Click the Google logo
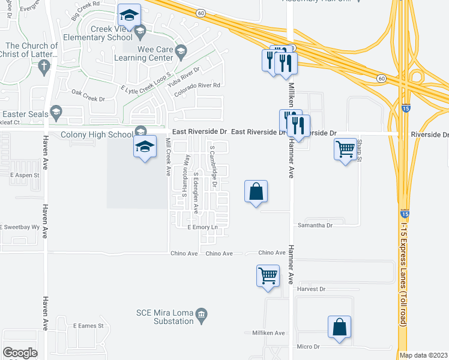[x=20, y=353]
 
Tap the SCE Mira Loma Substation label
[x=166, y=314]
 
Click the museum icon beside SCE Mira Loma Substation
[x=202, y=314]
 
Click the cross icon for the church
[x=43, y=68]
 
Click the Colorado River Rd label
[x=197, y=85]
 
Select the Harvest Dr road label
[x=311, y=289]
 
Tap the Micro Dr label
[x=310, y=347]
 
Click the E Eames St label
[x=88, y=326]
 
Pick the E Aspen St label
[x=25, y=175]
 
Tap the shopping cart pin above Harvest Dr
[x=268, y=277]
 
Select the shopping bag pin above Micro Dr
[x=339, y=327]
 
